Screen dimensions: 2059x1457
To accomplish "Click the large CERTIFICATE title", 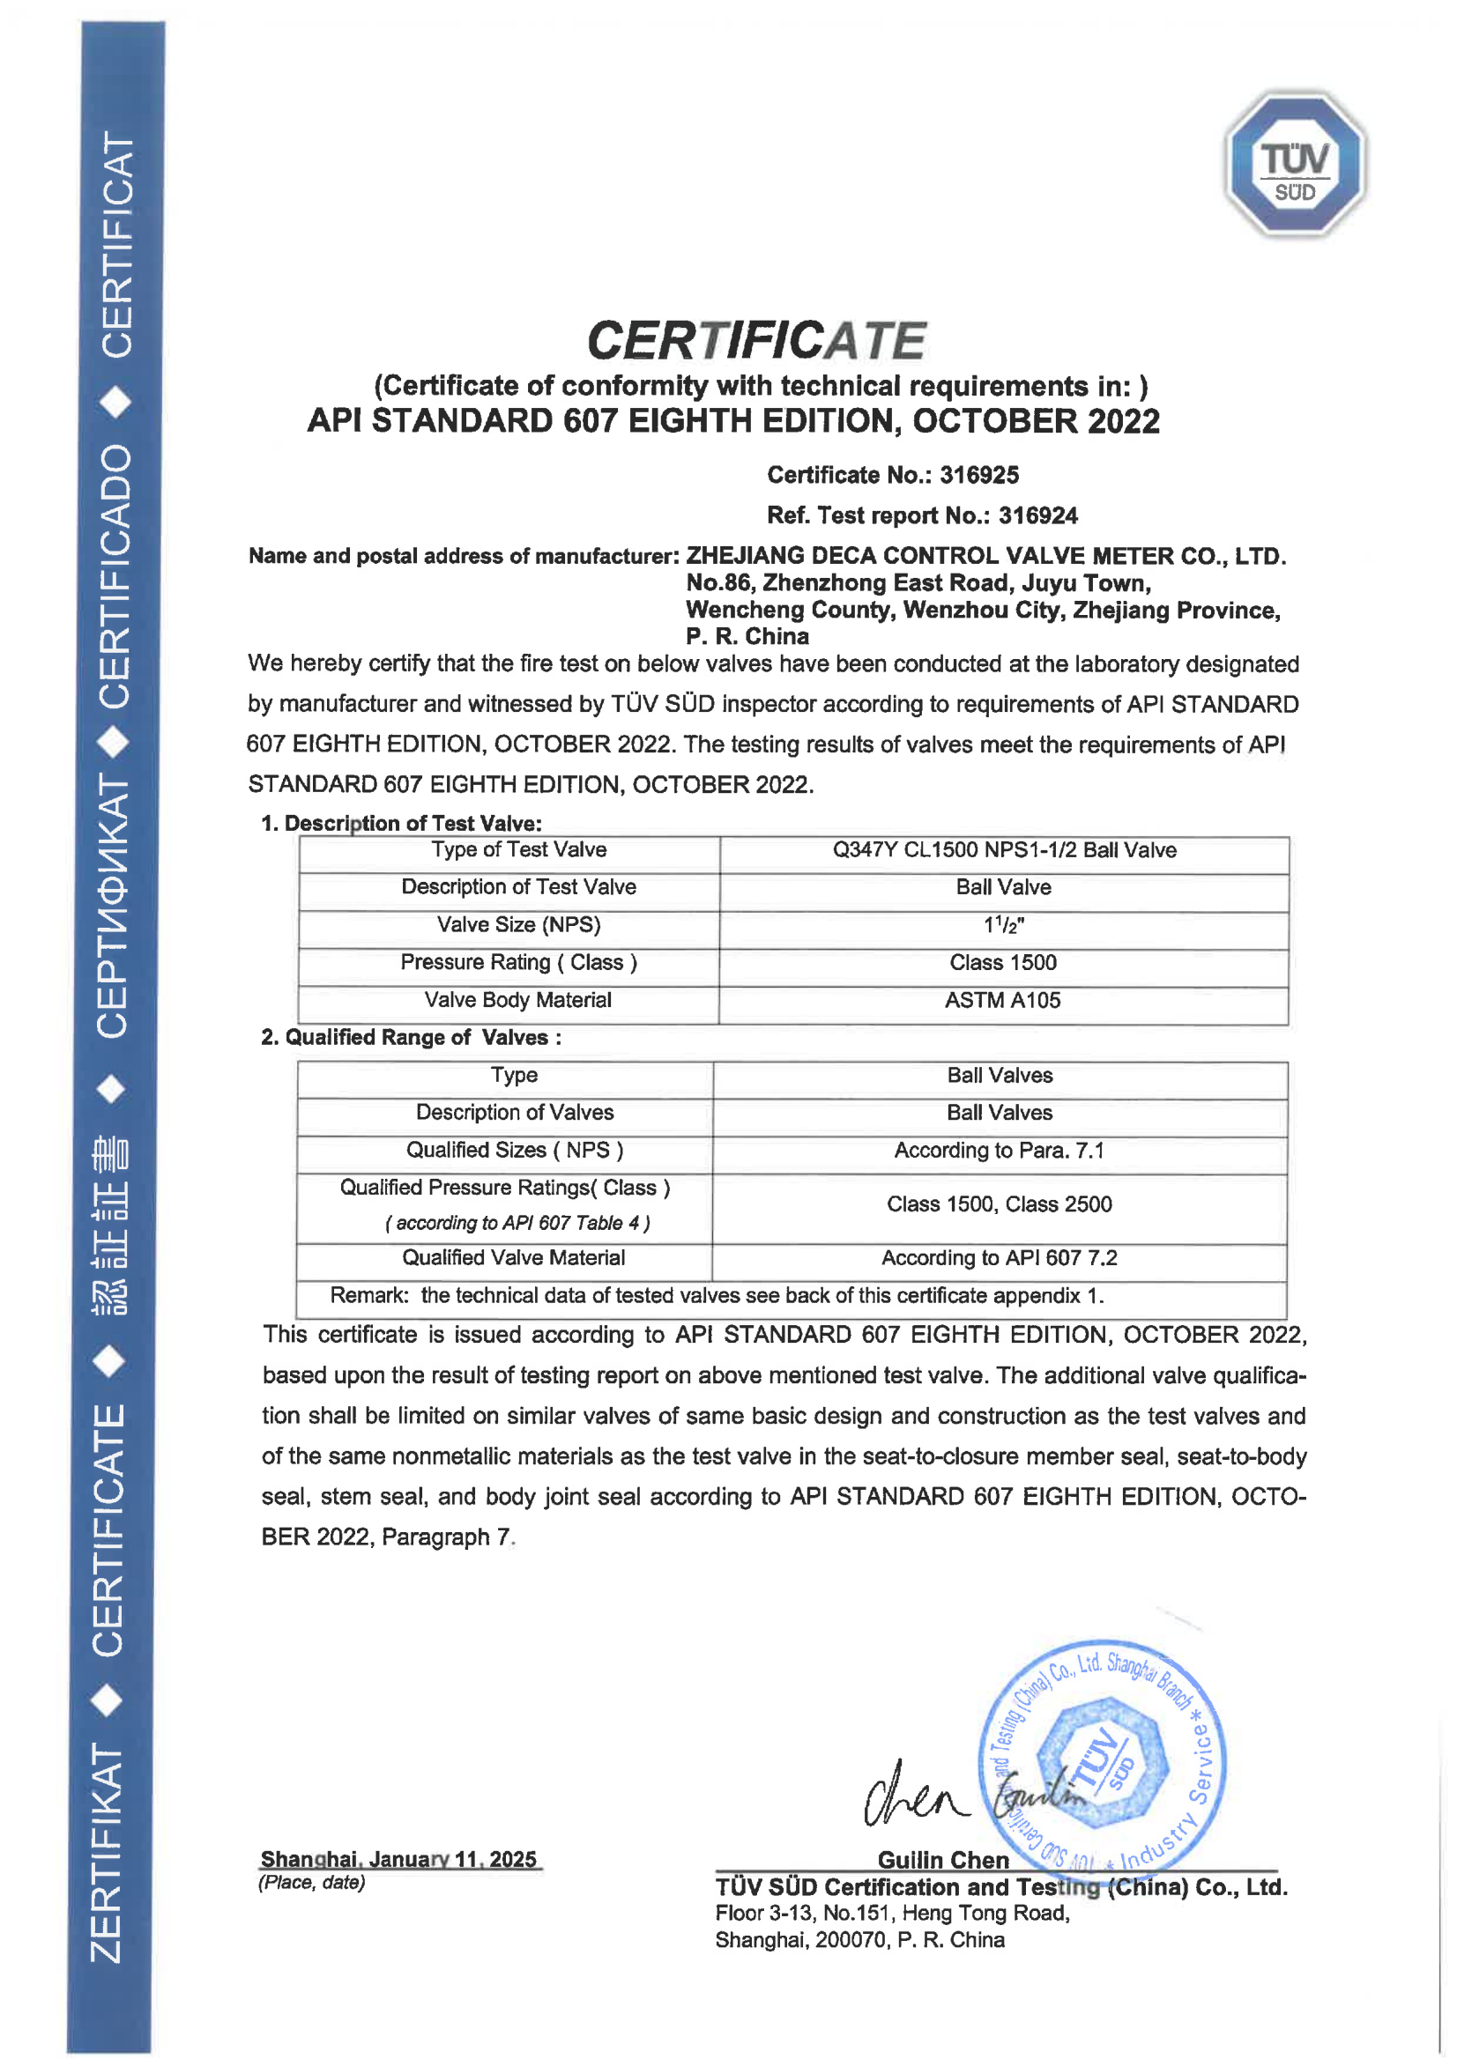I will tap(756, 341).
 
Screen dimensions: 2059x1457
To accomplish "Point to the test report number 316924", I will tap(1037, 515).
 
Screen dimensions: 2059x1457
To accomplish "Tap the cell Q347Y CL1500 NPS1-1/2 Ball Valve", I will tap(1004, 849).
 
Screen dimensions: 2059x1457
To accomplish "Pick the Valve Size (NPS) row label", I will tap(518, 924).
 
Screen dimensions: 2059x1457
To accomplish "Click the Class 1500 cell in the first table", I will tap(1003, 962).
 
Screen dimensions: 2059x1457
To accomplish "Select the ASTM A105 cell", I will tap(1002, 1000).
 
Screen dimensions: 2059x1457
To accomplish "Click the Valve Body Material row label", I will tap(517, 1000).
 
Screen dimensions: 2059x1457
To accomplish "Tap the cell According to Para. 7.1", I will tap(999, 1150).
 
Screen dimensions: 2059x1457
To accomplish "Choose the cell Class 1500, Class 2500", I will tap(999, 1204).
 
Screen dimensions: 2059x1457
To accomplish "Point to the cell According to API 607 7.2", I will tap(999, 1257).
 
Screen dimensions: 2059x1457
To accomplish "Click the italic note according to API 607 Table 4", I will tap(517, 1223).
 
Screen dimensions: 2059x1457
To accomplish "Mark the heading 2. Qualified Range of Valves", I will tap(412, 1038).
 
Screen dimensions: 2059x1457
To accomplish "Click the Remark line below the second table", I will tap(716, 1295).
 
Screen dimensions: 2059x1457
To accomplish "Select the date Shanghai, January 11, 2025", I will tap(398, 1859).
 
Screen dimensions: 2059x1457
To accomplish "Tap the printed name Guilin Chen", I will tap(943, 1860).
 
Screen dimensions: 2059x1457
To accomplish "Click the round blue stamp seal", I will tap(1102, 1758).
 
